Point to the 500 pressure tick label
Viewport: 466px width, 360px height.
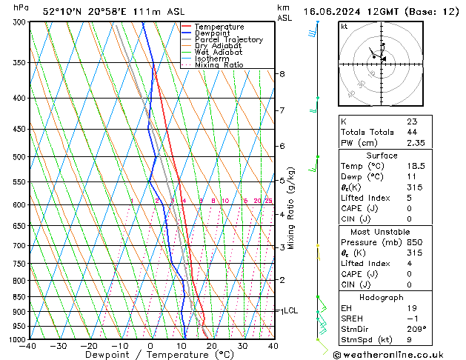click(16, 157)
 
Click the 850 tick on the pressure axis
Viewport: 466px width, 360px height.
click(16, 297)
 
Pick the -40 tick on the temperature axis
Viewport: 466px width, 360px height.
click(29, 346)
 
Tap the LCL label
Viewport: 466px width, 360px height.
click(291, 311)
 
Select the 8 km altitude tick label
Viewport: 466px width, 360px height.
click(282, 74)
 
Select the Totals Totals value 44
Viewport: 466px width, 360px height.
click(411, 132)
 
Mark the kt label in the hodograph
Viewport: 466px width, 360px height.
click(344, 27)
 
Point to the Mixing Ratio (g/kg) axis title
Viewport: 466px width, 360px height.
click(292, 207)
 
